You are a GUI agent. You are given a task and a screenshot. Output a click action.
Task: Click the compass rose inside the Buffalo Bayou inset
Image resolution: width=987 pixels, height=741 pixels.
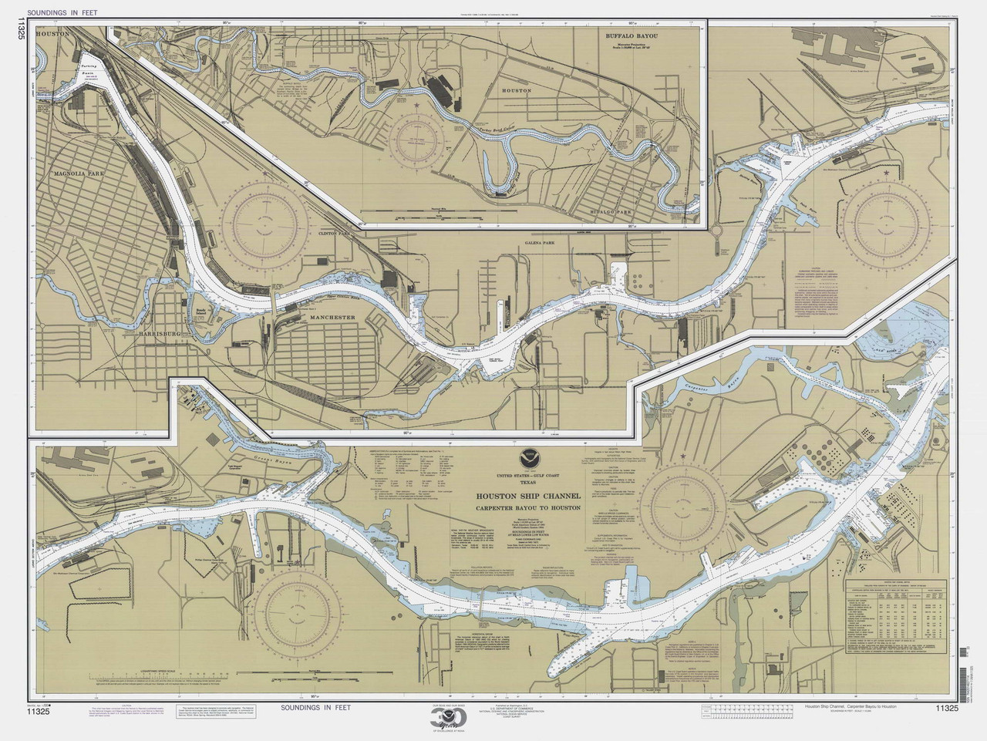420,135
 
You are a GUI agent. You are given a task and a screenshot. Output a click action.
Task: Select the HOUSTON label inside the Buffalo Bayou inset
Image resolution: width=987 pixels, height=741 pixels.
517,90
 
